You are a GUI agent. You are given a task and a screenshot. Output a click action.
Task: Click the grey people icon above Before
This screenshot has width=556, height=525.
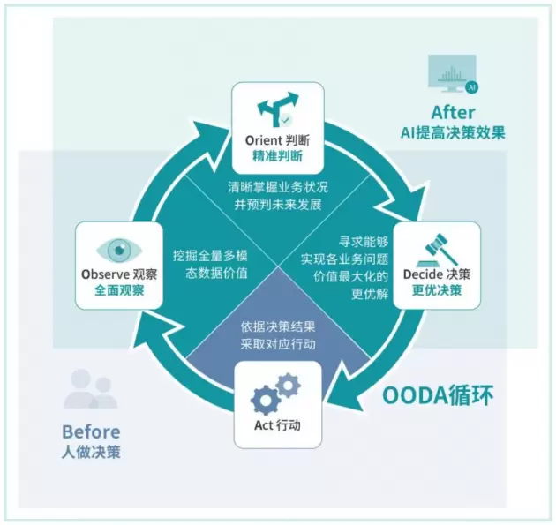point(90,391)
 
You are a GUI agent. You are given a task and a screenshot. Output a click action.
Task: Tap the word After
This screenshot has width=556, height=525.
point(453,113)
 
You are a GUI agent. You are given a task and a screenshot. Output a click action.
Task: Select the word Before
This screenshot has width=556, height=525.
point(91,432)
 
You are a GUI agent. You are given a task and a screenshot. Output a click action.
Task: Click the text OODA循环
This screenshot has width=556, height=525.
point(438,394)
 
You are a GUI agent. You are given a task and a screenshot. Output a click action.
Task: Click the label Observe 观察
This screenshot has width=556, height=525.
point(119,274)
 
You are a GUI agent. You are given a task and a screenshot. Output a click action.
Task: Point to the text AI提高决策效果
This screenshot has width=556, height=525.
point(453,133)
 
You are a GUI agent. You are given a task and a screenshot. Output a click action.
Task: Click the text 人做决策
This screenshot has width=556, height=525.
point(91,453)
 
